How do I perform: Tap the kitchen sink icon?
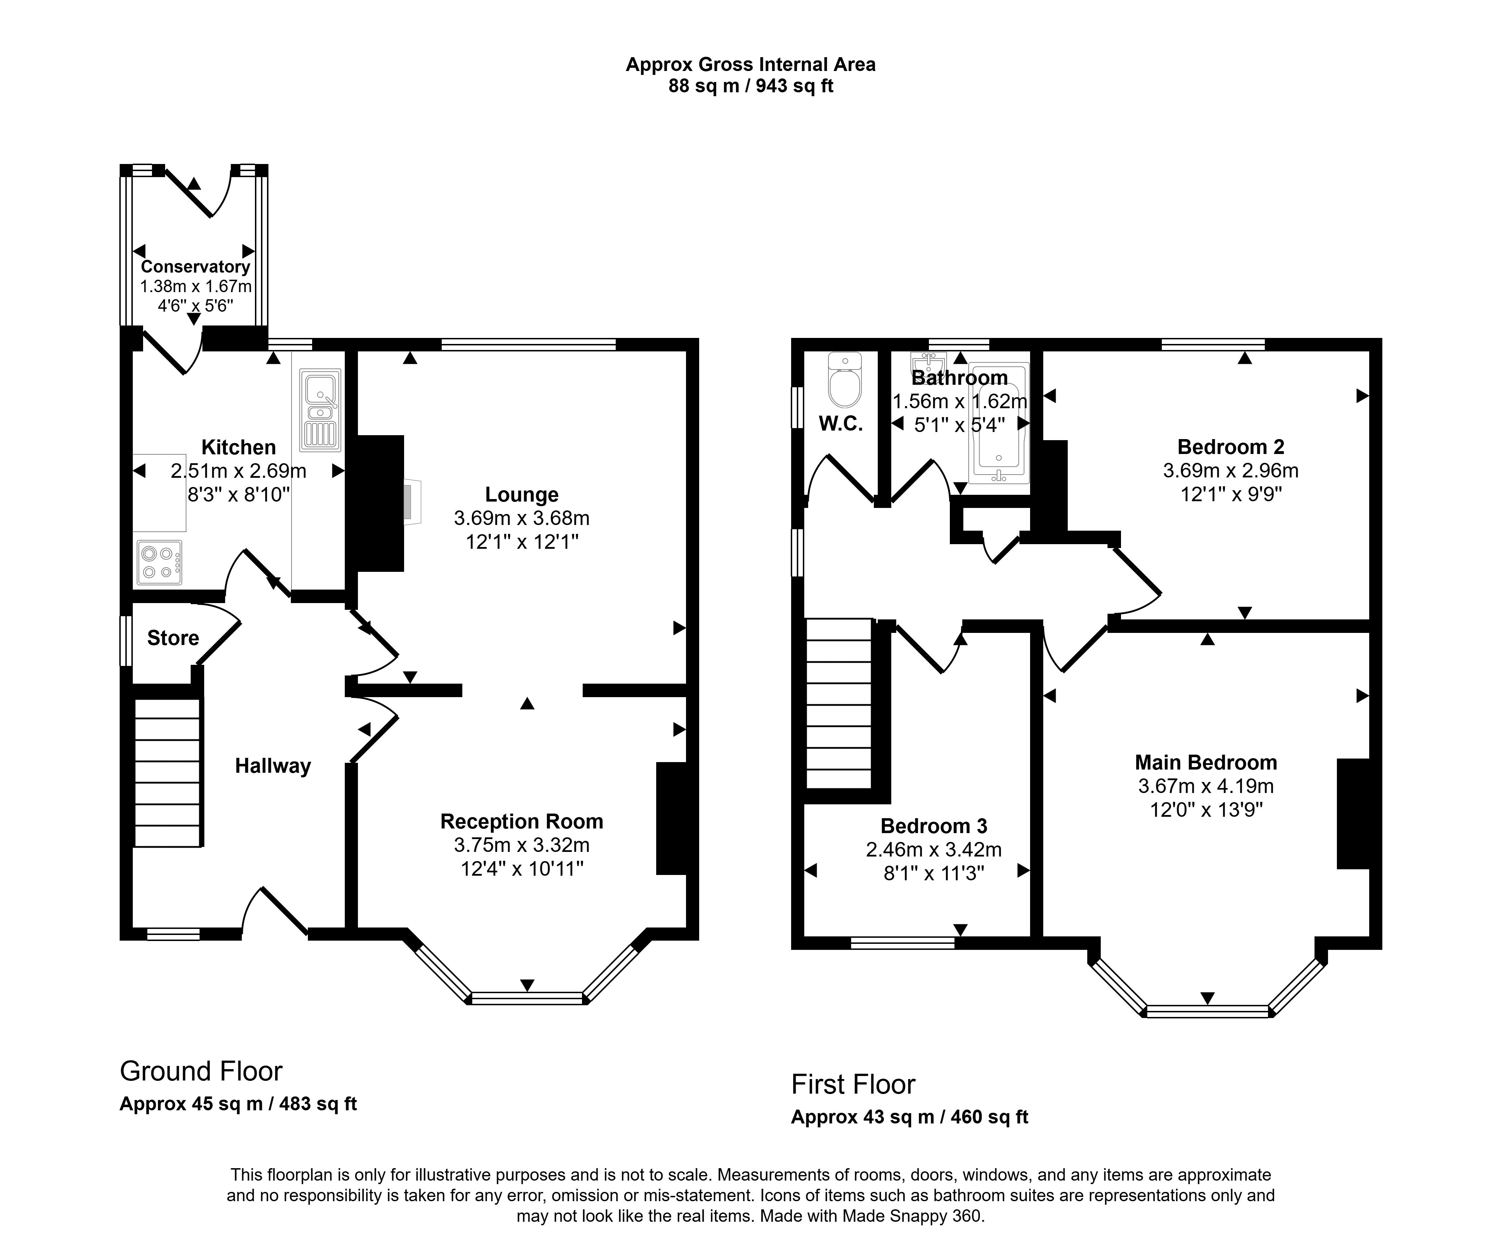tap(320, 410)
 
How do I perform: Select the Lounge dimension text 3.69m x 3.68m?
tap(521, 518)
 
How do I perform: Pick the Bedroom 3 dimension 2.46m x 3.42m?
tap(934, 850)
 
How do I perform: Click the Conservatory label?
tap(195, 267)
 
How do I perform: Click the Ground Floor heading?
tap(201, 1071)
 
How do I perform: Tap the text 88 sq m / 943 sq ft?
tap(750, 87)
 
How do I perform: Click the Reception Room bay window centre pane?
tap(527, 998)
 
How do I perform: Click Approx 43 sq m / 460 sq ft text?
tap(909, 1117)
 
